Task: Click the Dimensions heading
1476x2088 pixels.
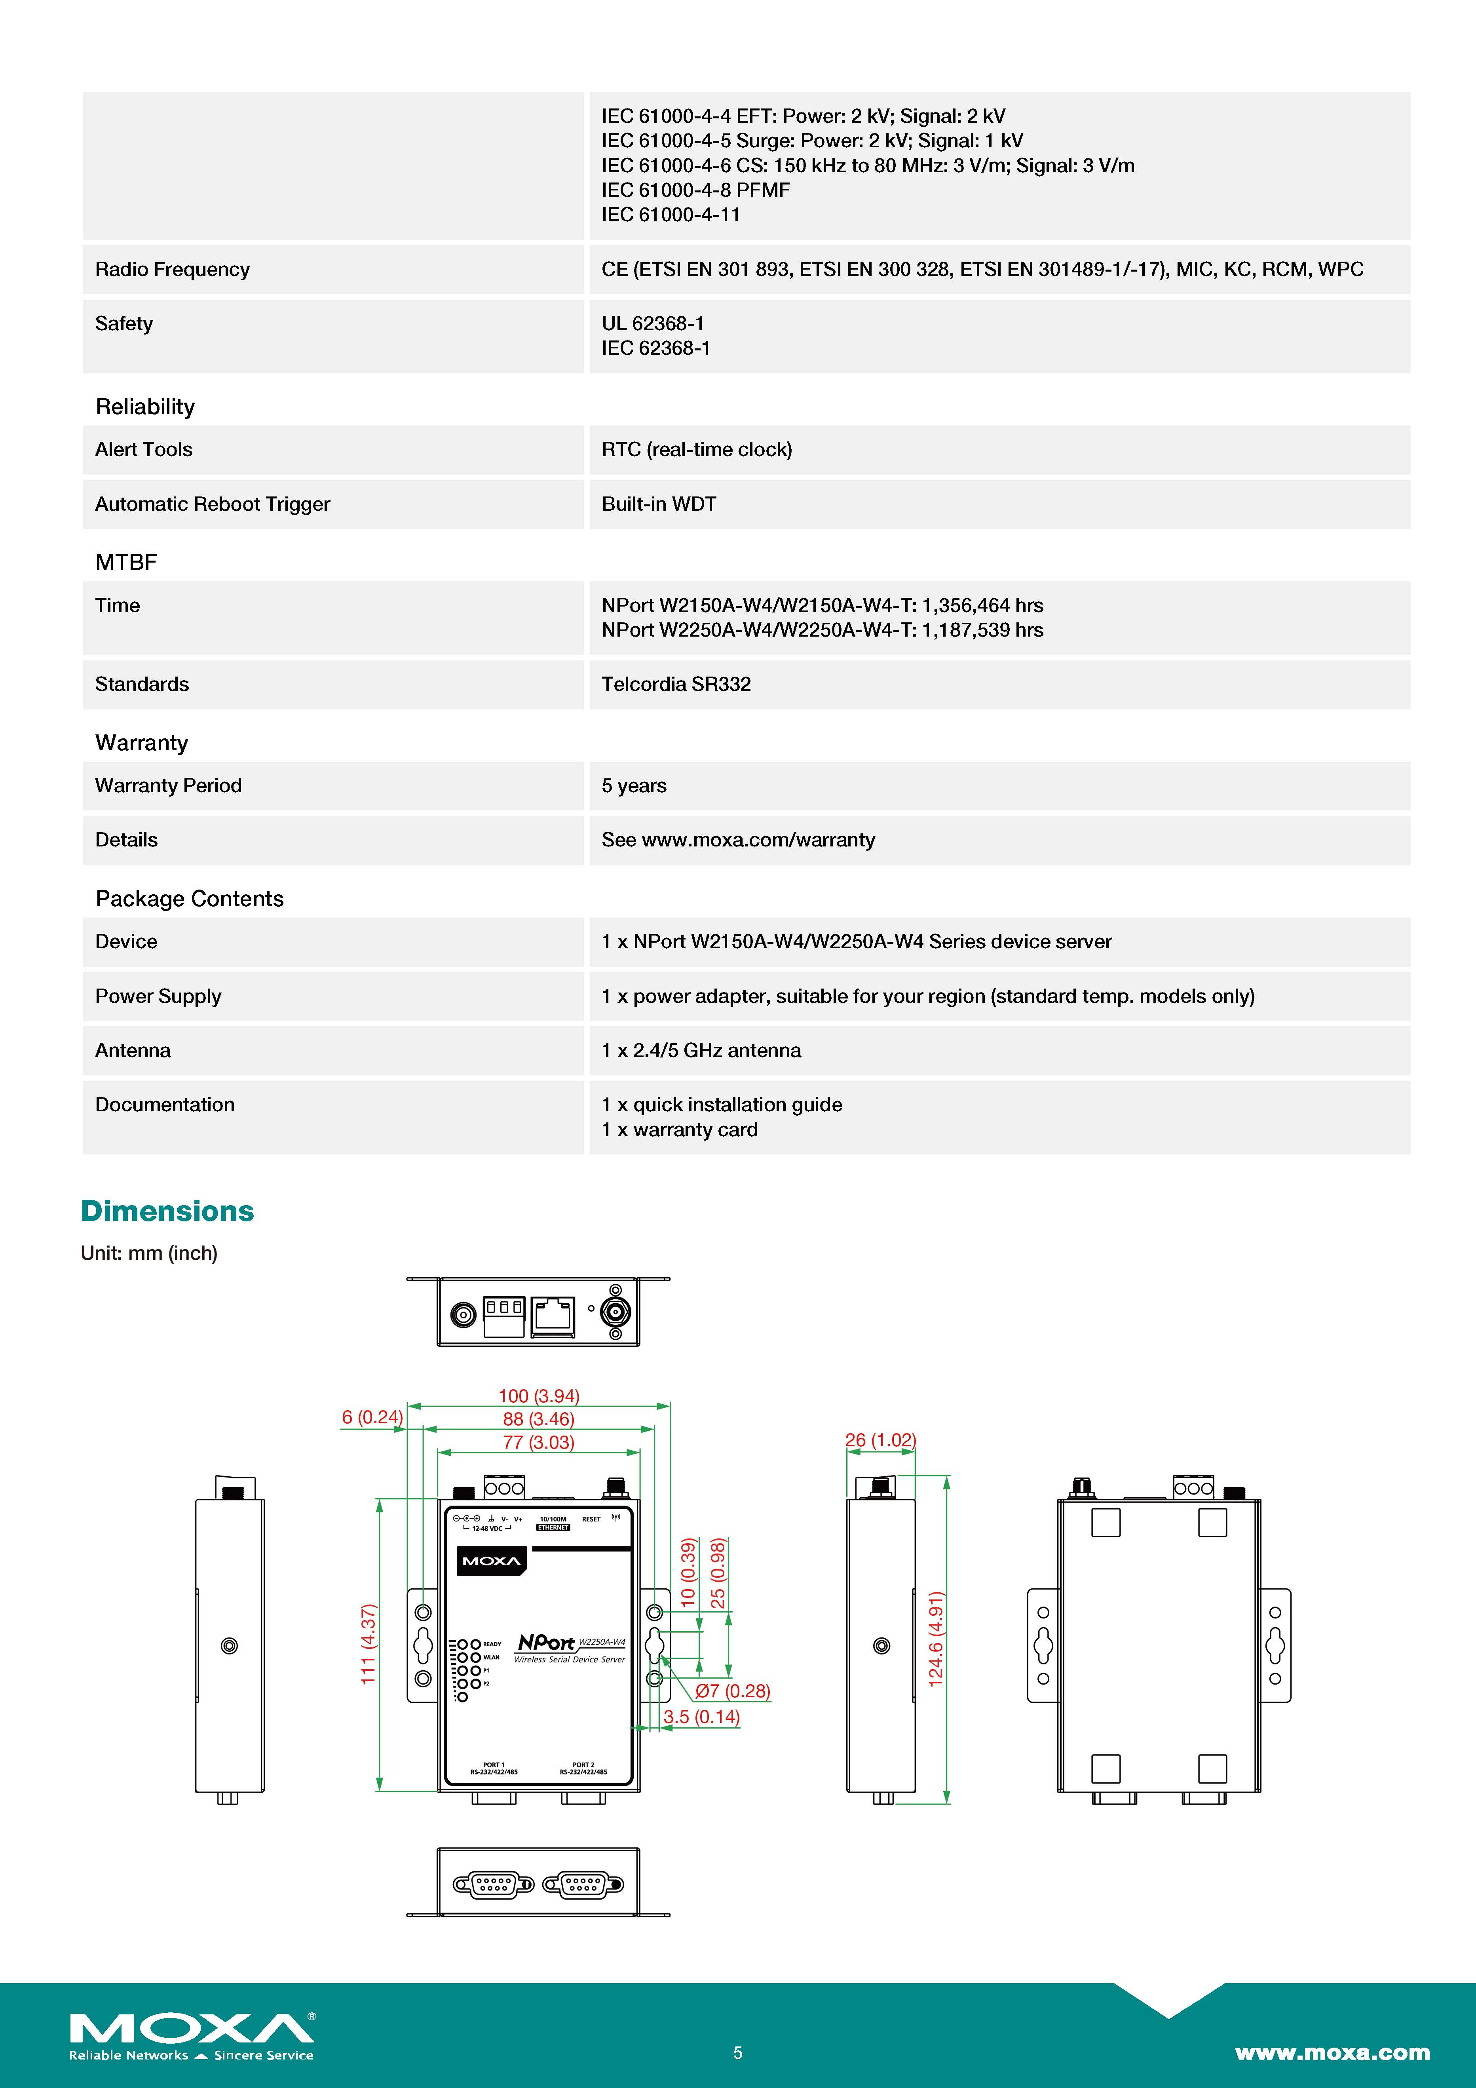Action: tap(167, 1211)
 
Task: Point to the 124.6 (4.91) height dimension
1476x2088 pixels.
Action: tap(936, 1639)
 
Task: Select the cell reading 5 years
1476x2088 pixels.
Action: tap(634, 786)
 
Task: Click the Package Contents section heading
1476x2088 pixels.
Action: tap(189, 898)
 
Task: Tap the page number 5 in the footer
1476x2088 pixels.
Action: tap(737, 2052)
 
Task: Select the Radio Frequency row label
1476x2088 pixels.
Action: tap(172, 269)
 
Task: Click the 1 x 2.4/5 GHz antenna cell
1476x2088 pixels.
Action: tap(701, 1050)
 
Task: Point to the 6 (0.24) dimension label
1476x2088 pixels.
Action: tap(372, 1417)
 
